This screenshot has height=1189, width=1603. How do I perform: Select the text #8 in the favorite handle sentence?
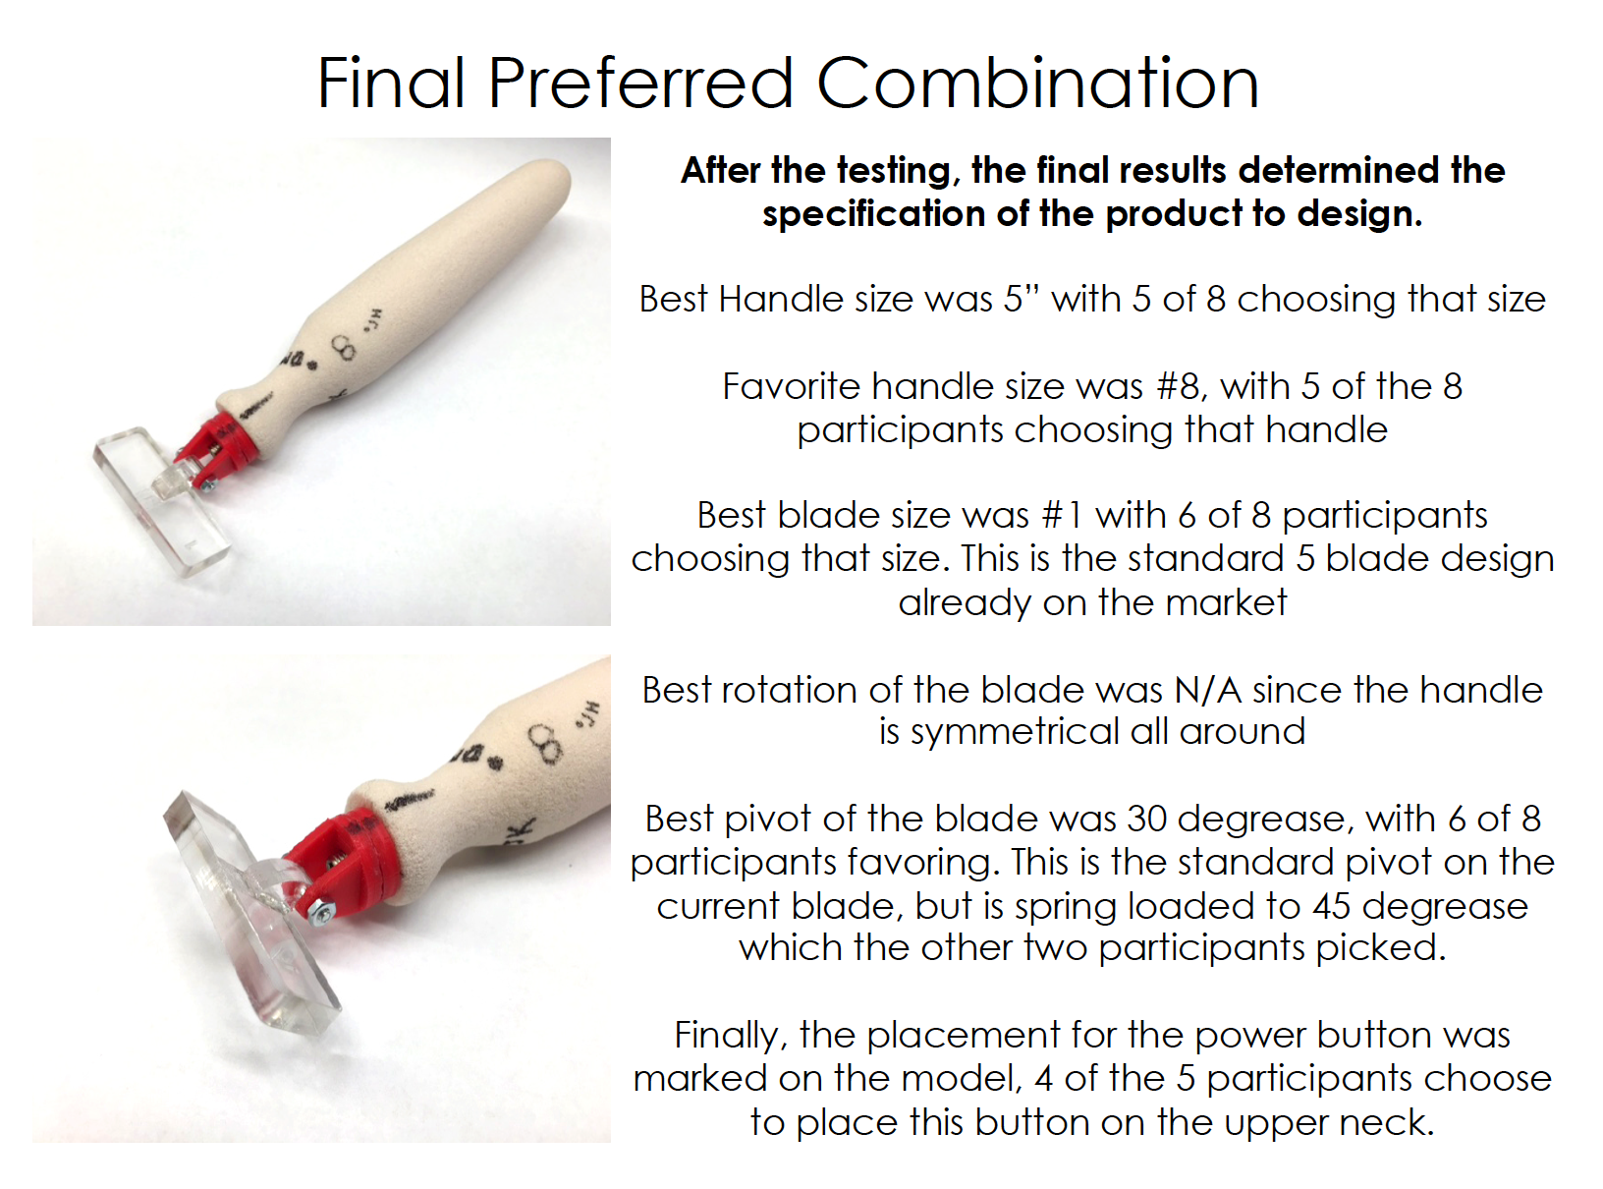coord(1182,385)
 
